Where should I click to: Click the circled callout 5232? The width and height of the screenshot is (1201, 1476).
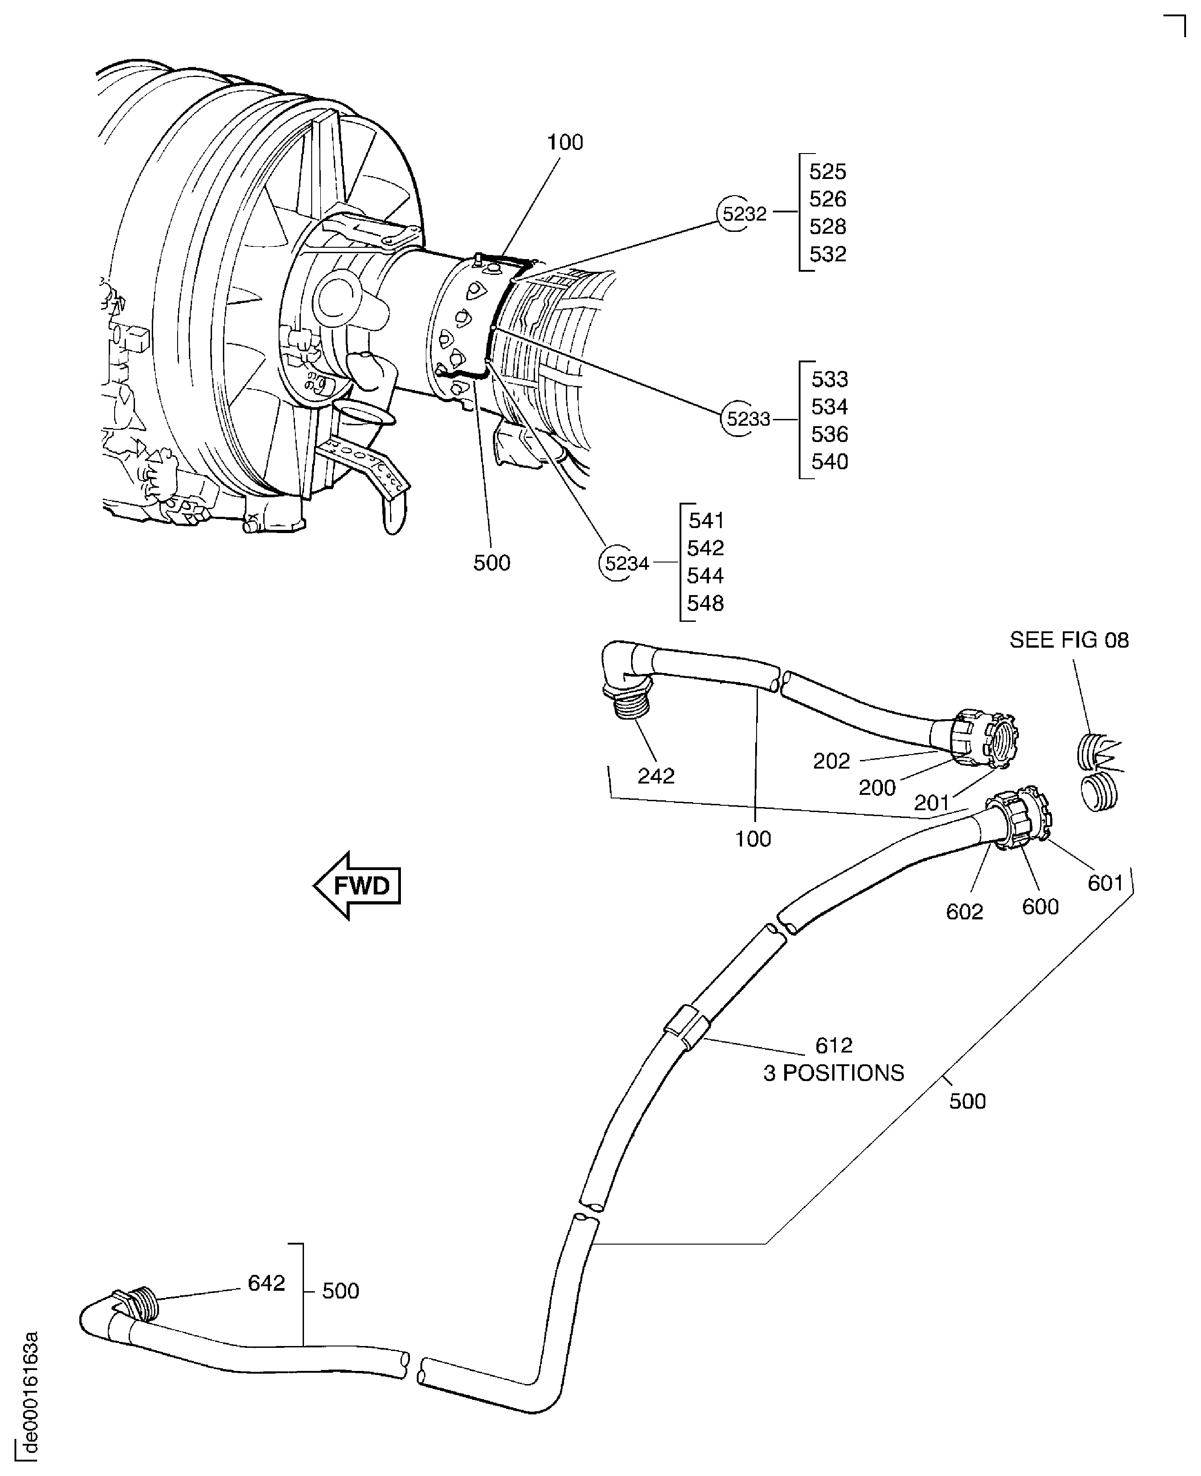click(x=744, y=214)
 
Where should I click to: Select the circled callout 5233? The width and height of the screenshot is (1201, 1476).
click(x=748, y=419)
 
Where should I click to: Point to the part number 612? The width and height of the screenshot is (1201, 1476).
click(x=833, y=1045)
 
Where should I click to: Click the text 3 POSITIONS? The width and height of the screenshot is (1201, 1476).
click(x=833, y=1073)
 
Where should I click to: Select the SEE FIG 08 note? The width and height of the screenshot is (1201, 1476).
click(x=1068, y=640)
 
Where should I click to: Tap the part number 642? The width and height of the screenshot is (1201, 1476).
click(x=266, y=1283)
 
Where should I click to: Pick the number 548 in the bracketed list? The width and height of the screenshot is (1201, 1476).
click(x=705, y=603)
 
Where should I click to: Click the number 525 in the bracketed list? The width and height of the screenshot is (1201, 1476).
click(x=827, y=172)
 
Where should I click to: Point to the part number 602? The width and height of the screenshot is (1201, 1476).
click(x=964, y=912)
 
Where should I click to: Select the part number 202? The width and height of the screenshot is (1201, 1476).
click(x=831, y=761)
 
